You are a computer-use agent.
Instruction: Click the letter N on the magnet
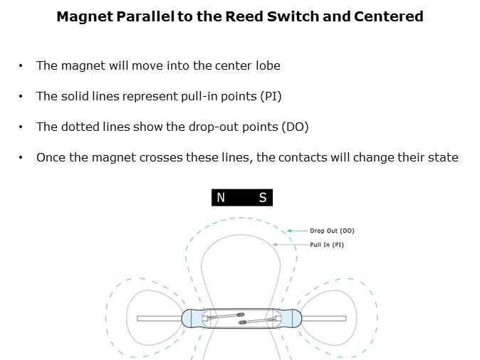pyautogui.click(x=221, y=198)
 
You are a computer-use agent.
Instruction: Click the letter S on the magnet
pyautogui.click(x=262, y=198)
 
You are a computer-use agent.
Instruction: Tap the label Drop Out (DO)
pyautogui.click(x=332, y=231)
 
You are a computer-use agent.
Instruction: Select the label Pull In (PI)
pyautogui.click(x=327, y=245)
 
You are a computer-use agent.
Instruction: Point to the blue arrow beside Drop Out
pyautogui.click(x=297, y=231)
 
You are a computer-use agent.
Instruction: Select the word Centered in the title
pyautogui.click(x=390, y=16)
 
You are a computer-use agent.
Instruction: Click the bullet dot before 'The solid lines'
pyautogui.click(x=21, y=96)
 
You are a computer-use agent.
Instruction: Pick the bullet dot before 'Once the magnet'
pyautogui.click(x=21, y=157)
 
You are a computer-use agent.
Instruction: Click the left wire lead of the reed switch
pyautogui.click(x=158, y=319)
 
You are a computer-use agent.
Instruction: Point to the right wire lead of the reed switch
pyautogui.click(x=324, y=319)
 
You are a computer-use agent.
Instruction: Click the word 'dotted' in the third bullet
pyautogui.click(x=80, y=127)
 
